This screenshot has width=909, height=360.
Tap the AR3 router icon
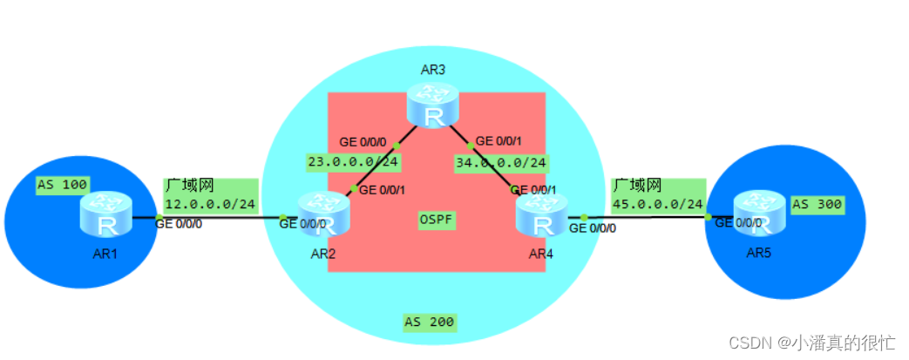tap(432, 107)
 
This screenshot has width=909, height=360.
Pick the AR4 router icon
tap(541, 216)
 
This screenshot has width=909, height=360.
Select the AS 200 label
tap(430, 322)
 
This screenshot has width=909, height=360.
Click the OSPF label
tap(437, 220)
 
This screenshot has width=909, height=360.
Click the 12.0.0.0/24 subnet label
tap(210, 203)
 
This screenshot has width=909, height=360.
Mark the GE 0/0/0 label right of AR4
tap(593, 228)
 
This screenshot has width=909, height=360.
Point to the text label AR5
tap(759, 253)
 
